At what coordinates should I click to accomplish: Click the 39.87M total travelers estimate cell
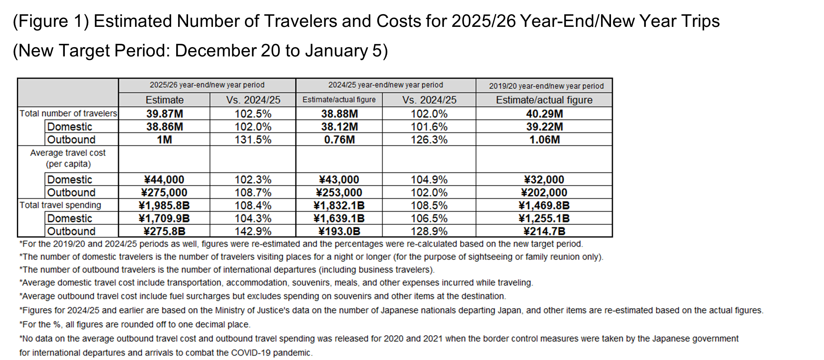[x=164, y=114]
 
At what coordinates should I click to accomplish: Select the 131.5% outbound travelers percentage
[x=253, y=139]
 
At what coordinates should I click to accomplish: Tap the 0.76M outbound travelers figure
[x=339, y=139]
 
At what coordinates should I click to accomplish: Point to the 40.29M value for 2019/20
[x=544, y=114]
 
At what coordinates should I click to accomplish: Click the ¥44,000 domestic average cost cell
[x=164, y=180]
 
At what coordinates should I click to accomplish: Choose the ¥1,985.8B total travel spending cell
[x=164, y=205]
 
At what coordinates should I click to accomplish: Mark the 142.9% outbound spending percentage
[x=253, y=231]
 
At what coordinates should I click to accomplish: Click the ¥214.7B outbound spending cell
[x=544, y=231]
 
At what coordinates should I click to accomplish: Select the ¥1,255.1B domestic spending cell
[x=544, y=218]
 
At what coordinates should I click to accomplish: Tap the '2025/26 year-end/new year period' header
[x=207, y=85]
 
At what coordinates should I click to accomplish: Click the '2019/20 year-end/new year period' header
[x=546, y=86]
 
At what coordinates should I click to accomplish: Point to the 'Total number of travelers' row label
[x=68, y=113]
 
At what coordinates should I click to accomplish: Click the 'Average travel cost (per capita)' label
[x=68, y=158]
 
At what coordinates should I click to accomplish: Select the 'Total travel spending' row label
[x=60, y=205]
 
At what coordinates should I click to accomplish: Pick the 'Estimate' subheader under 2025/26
[x=164, y=100]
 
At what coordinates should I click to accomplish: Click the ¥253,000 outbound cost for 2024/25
[x=339, y=192]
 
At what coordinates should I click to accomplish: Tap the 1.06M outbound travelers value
[x=544, y=139]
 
